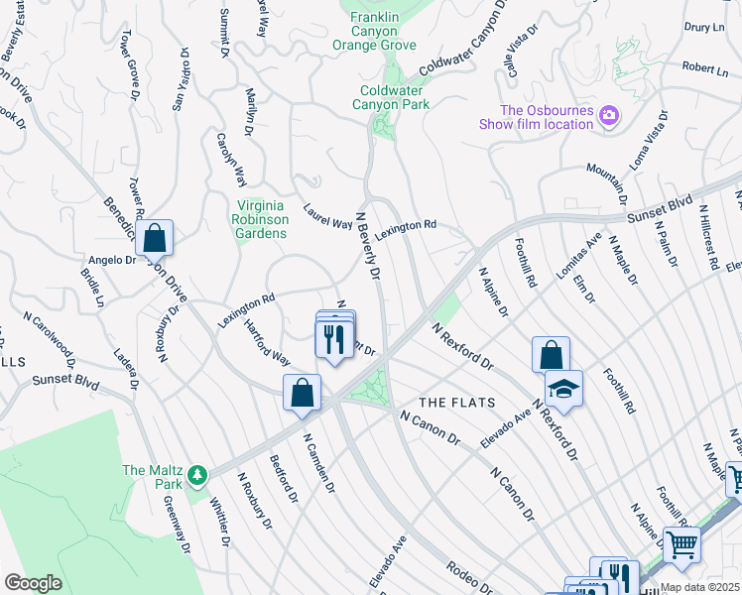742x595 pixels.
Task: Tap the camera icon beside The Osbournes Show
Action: click(x=608, y=117)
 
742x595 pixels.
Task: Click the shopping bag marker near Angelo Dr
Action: click(x=155, y=239)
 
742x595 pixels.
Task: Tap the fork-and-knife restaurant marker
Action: click(x=335, y=339)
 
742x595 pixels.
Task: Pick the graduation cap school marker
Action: click(x=563, y=389)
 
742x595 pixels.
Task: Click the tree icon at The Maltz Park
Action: click(x=197, y=477)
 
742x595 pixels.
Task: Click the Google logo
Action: click(x=33, y=582)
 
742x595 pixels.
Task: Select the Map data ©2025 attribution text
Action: click(x=699, y=587)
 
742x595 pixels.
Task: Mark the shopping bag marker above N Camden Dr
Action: click(x=302, y=393)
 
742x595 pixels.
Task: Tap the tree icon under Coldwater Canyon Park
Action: click(x=379, y=125)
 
